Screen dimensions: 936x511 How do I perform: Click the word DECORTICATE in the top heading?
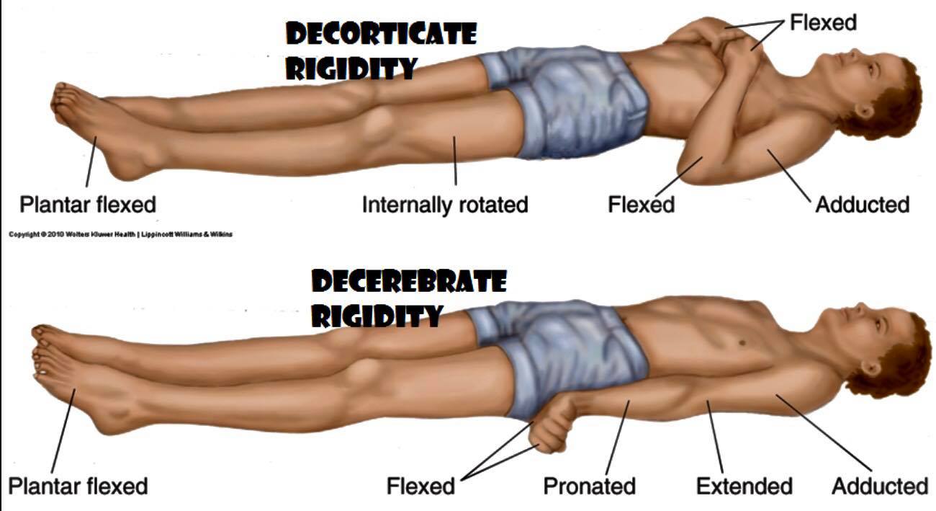[x=381, y=34]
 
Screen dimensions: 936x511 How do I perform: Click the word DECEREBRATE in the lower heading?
[x=409, y=281]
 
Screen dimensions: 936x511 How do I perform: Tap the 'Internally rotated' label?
[x=445, y=205]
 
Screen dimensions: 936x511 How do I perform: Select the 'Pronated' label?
[x=589, y=486]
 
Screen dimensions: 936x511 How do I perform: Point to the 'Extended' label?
[x=744, y=486]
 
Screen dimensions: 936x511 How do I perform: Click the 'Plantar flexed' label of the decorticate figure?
[x=88, y=205]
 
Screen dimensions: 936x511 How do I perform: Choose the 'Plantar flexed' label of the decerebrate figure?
[x=78, y=486]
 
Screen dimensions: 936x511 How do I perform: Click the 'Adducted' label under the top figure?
[x=863, y=205]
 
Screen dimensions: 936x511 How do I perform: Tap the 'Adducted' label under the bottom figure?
[x=880, y=486]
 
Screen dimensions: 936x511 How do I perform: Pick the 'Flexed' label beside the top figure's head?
[x=823, y=22]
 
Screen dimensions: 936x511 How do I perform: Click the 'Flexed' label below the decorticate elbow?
[x=641, y=205]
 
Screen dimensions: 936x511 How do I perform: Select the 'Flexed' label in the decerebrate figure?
[x=420, y=486]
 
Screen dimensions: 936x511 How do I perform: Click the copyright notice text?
[x=120, y=234]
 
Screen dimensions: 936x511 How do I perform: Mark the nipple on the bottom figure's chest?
[x=742, y=343]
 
